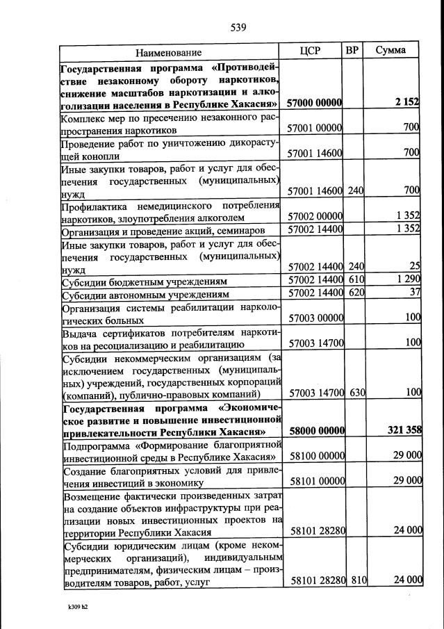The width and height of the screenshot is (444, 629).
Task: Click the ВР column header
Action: tap(352, 50)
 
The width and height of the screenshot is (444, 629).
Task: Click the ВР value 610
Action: tap(356, 279)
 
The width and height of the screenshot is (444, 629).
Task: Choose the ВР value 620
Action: tap(356, 293)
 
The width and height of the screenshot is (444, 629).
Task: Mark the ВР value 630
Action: tap(357, 393)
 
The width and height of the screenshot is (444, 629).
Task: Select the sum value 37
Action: tap(415, 293)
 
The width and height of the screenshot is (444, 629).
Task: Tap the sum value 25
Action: tap(416, 266)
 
